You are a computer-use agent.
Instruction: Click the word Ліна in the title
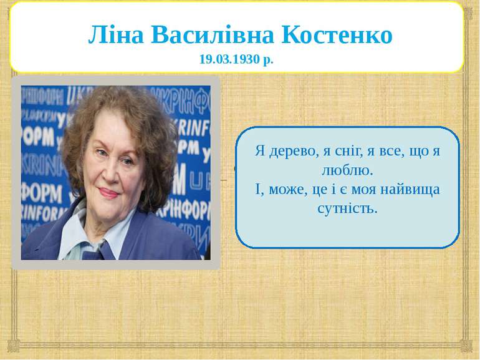tap(116, 34)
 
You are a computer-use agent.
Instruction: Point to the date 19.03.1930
tap(229, 59)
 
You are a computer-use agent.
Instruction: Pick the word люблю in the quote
tap(345, 170)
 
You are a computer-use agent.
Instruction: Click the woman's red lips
tap(108, 193)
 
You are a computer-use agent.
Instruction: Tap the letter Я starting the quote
tap(260, 151)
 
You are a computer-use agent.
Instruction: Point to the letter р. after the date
tap(268, 60)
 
